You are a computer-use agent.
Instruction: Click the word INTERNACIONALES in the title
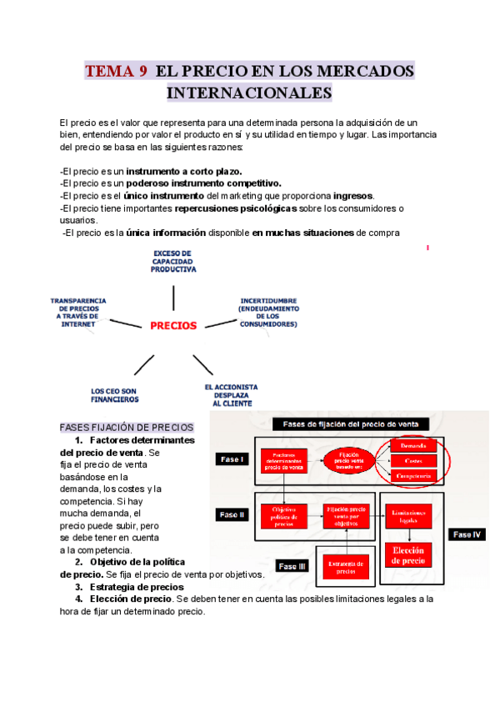point(249,93)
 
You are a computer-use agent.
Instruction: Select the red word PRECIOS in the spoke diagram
point(173,326)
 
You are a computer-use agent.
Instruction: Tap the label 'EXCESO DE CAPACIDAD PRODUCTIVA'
point(173,261)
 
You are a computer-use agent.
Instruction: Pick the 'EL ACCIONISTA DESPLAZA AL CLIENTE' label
point(231,394)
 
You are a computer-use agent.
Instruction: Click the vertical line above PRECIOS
point(173,298)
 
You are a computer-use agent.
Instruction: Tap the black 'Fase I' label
point(231,459)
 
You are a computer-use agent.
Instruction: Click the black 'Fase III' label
point(292,567)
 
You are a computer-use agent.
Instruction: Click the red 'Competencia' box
point(412,475)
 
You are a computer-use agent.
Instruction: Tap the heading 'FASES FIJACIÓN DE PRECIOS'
point(127,428)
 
